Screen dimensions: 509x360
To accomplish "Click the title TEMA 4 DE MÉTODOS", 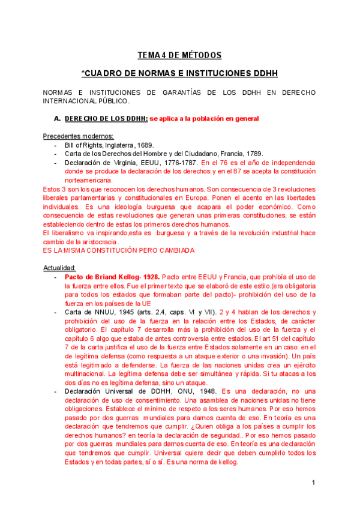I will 179,55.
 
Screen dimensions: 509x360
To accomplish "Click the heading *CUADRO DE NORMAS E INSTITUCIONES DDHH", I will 179,74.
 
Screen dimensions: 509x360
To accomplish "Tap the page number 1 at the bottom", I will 313,483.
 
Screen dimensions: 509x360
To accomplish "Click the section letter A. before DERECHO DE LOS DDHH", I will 57,119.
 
